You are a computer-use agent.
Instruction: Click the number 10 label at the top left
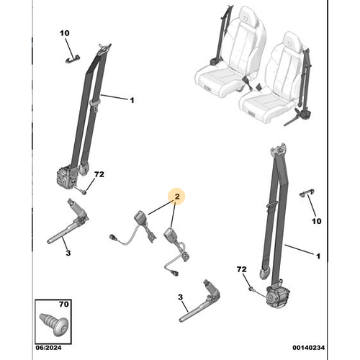[x=63, y=34]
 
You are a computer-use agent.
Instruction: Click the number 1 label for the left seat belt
[x=132, y=101]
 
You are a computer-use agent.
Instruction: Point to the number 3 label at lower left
[x=67, y=253]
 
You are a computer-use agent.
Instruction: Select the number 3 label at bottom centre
[x=180, y=297]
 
